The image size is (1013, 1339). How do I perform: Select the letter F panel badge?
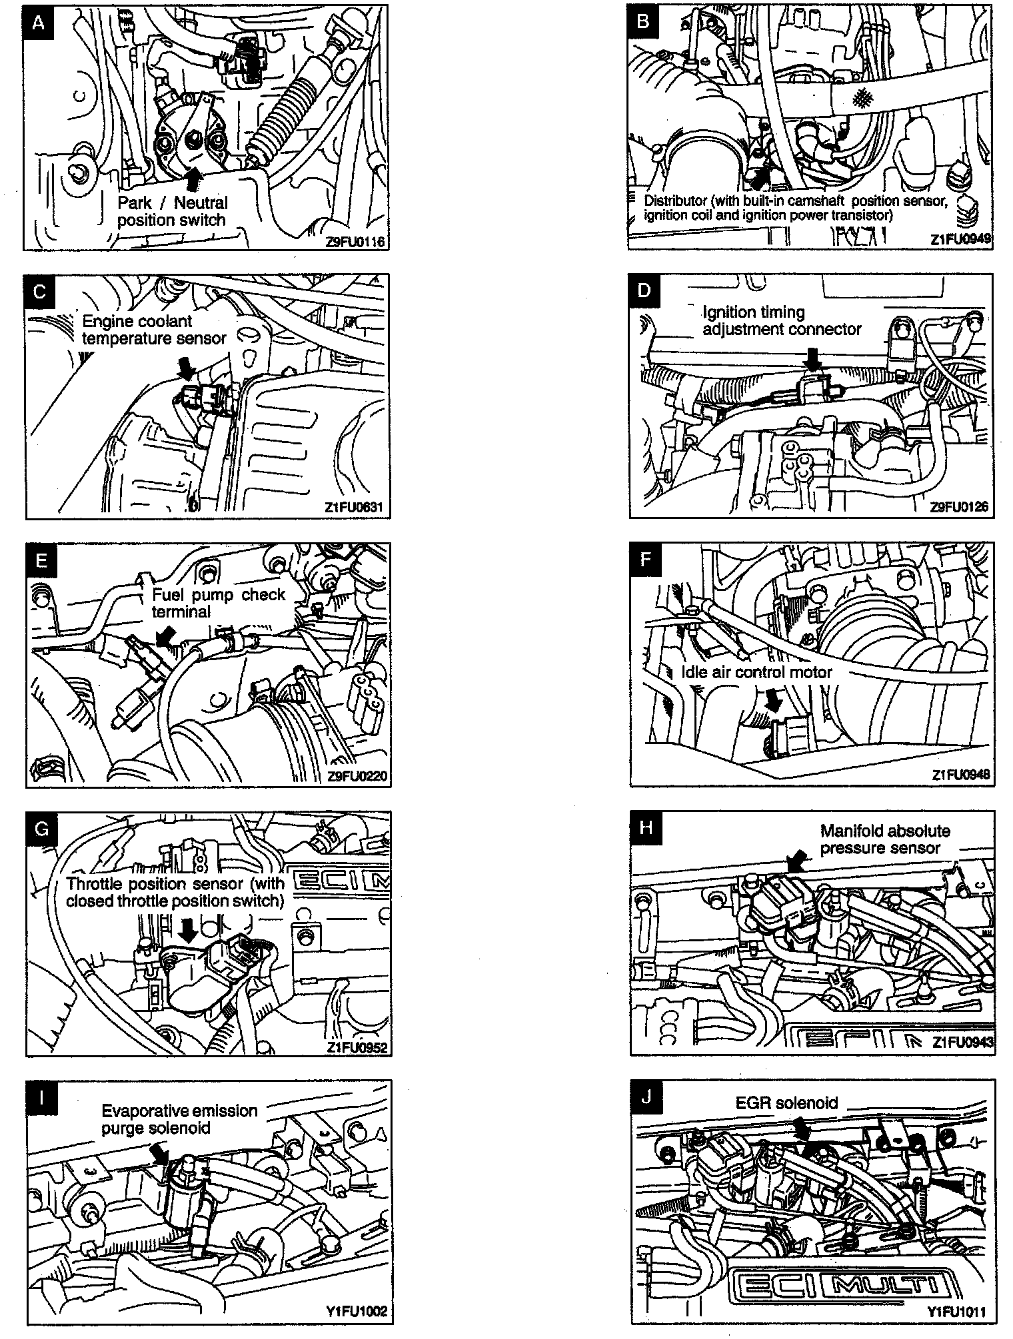[644, 559]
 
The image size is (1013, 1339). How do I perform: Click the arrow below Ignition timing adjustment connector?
[812, 360]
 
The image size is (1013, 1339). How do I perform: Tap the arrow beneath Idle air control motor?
[775, 699]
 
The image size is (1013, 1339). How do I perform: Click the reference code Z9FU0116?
[357, 242]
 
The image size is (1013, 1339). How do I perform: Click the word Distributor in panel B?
[668, 201]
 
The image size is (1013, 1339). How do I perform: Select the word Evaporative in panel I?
[139, 1111]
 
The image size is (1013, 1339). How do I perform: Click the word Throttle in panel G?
[91, 884]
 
